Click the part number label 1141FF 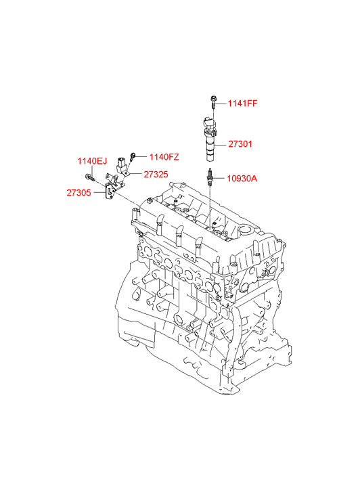tap(242, 104)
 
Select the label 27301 tap(240, 144)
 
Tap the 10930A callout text tap(242, 179)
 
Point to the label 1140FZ tap(164, 157)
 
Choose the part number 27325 tap(156, 175)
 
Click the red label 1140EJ tap(92, 161)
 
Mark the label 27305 tap(78, 193)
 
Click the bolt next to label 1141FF tap(213, 102)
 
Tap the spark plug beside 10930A tap(209, 177)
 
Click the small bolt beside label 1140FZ tap(133, 156)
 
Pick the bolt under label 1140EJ tap(90, 178)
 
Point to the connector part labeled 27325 tap(122, 165)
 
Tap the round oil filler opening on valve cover tap(246, 231)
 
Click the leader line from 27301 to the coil tap(222, 145)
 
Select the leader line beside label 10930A tap(219, 179)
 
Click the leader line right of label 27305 tap(99, 193)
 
